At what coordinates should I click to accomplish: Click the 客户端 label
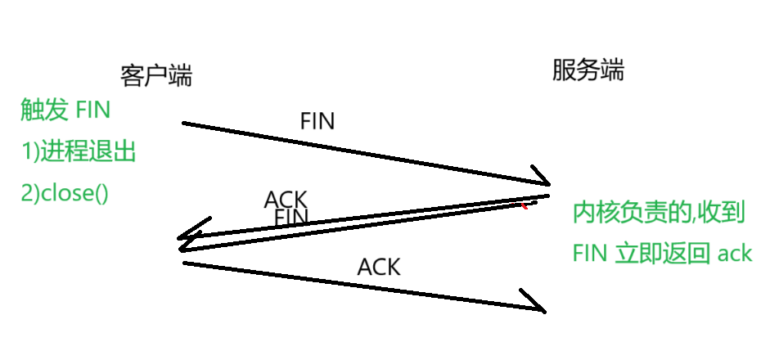click(155, 77)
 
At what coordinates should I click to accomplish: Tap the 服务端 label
click(588, 71)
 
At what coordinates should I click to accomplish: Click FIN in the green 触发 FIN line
click(92, 110)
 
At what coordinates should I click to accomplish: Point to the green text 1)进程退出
click(78, 152)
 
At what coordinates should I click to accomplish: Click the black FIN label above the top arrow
click(317, 121)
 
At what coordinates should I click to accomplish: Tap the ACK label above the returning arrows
click(286, 200)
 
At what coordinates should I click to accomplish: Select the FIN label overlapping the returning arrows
click(291, 218)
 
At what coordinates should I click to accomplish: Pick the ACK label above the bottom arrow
click(379, 266)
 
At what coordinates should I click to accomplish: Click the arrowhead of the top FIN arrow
click(540, 179)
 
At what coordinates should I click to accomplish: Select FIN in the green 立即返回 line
click(589, 254)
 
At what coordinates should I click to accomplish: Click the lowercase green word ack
click(734, 254)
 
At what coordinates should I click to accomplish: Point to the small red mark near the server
click(525, 205)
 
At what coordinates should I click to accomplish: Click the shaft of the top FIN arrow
click(360, 152)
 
